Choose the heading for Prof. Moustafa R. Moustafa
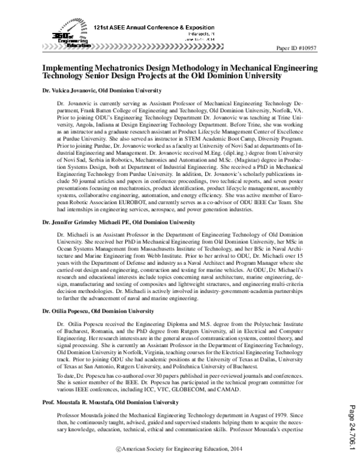pyautogui.click(x=111, y=401)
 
